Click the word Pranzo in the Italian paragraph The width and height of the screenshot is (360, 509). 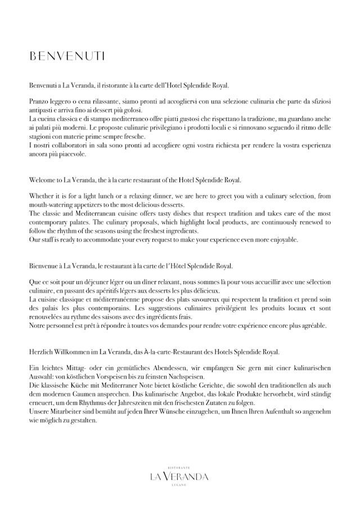click(x=39, y=101)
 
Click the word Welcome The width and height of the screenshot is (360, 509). click(x=43, y=180)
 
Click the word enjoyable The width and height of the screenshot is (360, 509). click(x=282, y=240)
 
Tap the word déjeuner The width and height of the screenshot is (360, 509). click(x=112, y=282)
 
